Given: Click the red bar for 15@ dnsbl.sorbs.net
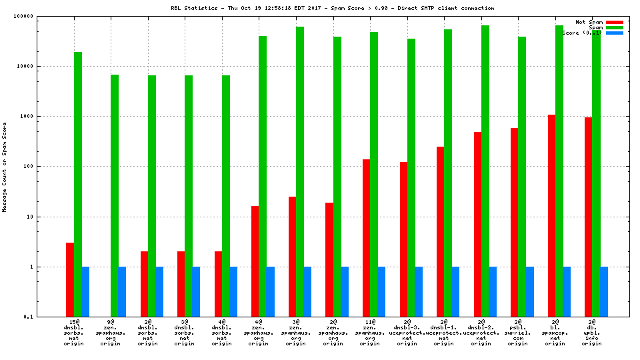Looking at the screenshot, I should click(x=70, y=279).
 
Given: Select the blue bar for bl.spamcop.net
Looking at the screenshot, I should click(x=567, y=291).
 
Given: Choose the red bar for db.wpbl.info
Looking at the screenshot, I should click(x=589, y=217).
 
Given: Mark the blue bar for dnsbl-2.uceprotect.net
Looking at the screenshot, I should click(x=493, y=291).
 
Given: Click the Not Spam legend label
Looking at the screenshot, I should click(x=589, y=22).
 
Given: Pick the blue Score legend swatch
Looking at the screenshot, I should click(x=615, y=33).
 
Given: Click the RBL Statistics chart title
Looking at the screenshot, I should click(x=332, y=8).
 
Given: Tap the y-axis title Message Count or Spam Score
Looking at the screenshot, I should click(x=5, y=167).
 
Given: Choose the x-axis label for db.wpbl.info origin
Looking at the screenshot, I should click(x=592, y=333).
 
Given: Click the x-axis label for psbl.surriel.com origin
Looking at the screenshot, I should click(x=518, y=333).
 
